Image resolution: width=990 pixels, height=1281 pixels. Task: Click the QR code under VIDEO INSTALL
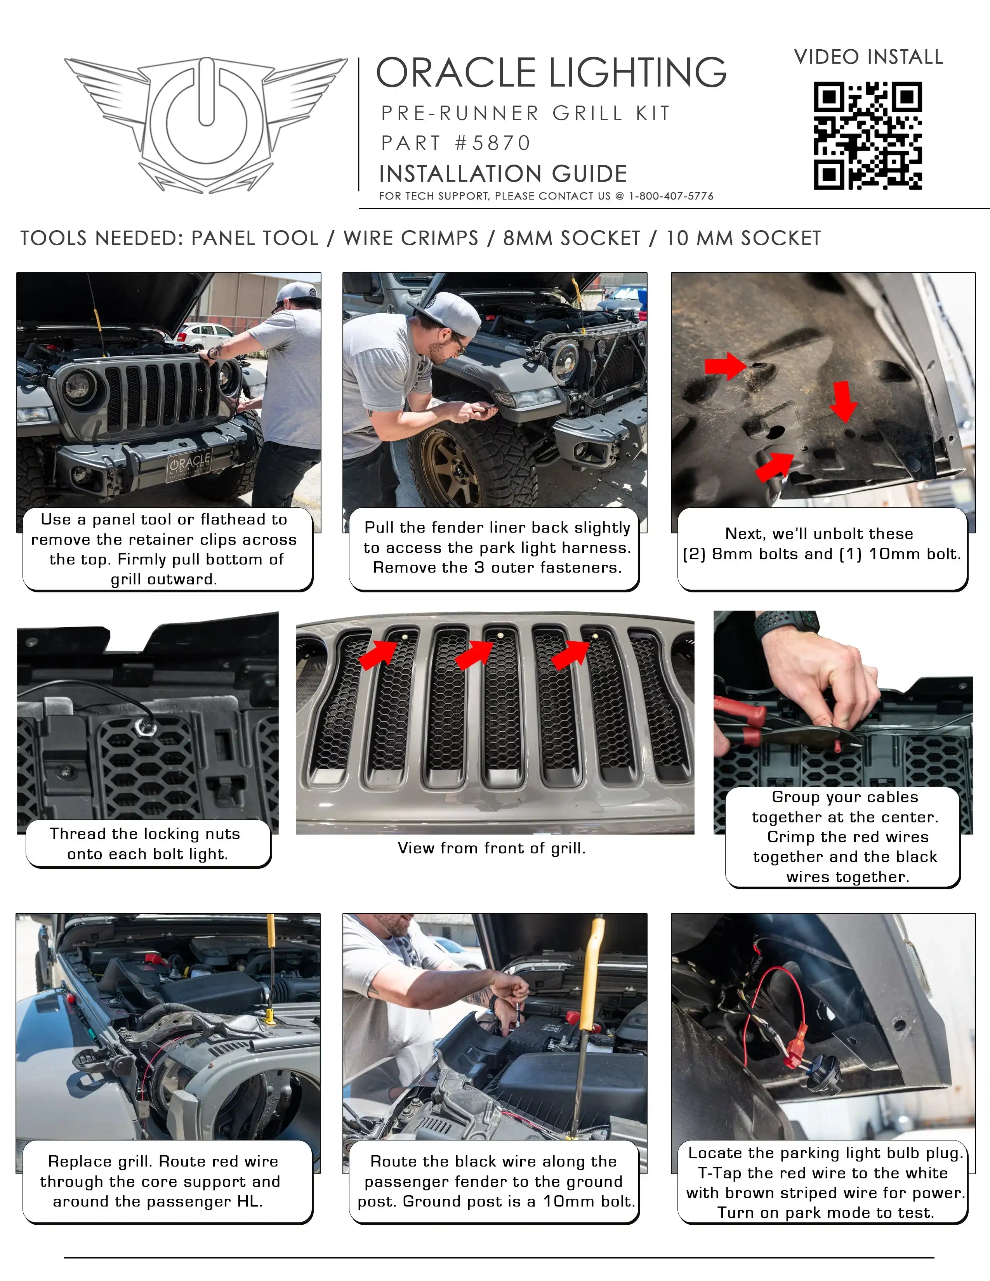[867, 135]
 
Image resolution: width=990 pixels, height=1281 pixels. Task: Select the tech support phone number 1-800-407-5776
[671, 196]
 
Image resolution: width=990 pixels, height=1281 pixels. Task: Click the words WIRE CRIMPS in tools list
[410, 238]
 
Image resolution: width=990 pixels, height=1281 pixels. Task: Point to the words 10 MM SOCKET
[743, 238]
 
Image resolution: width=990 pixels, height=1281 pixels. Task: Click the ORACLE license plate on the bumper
[189, 465]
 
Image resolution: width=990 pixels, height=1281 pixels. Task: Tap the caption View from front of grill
[492, 848]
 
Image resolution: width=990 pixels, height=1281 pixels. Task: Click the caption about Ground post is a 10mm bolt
[494, 1181]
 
